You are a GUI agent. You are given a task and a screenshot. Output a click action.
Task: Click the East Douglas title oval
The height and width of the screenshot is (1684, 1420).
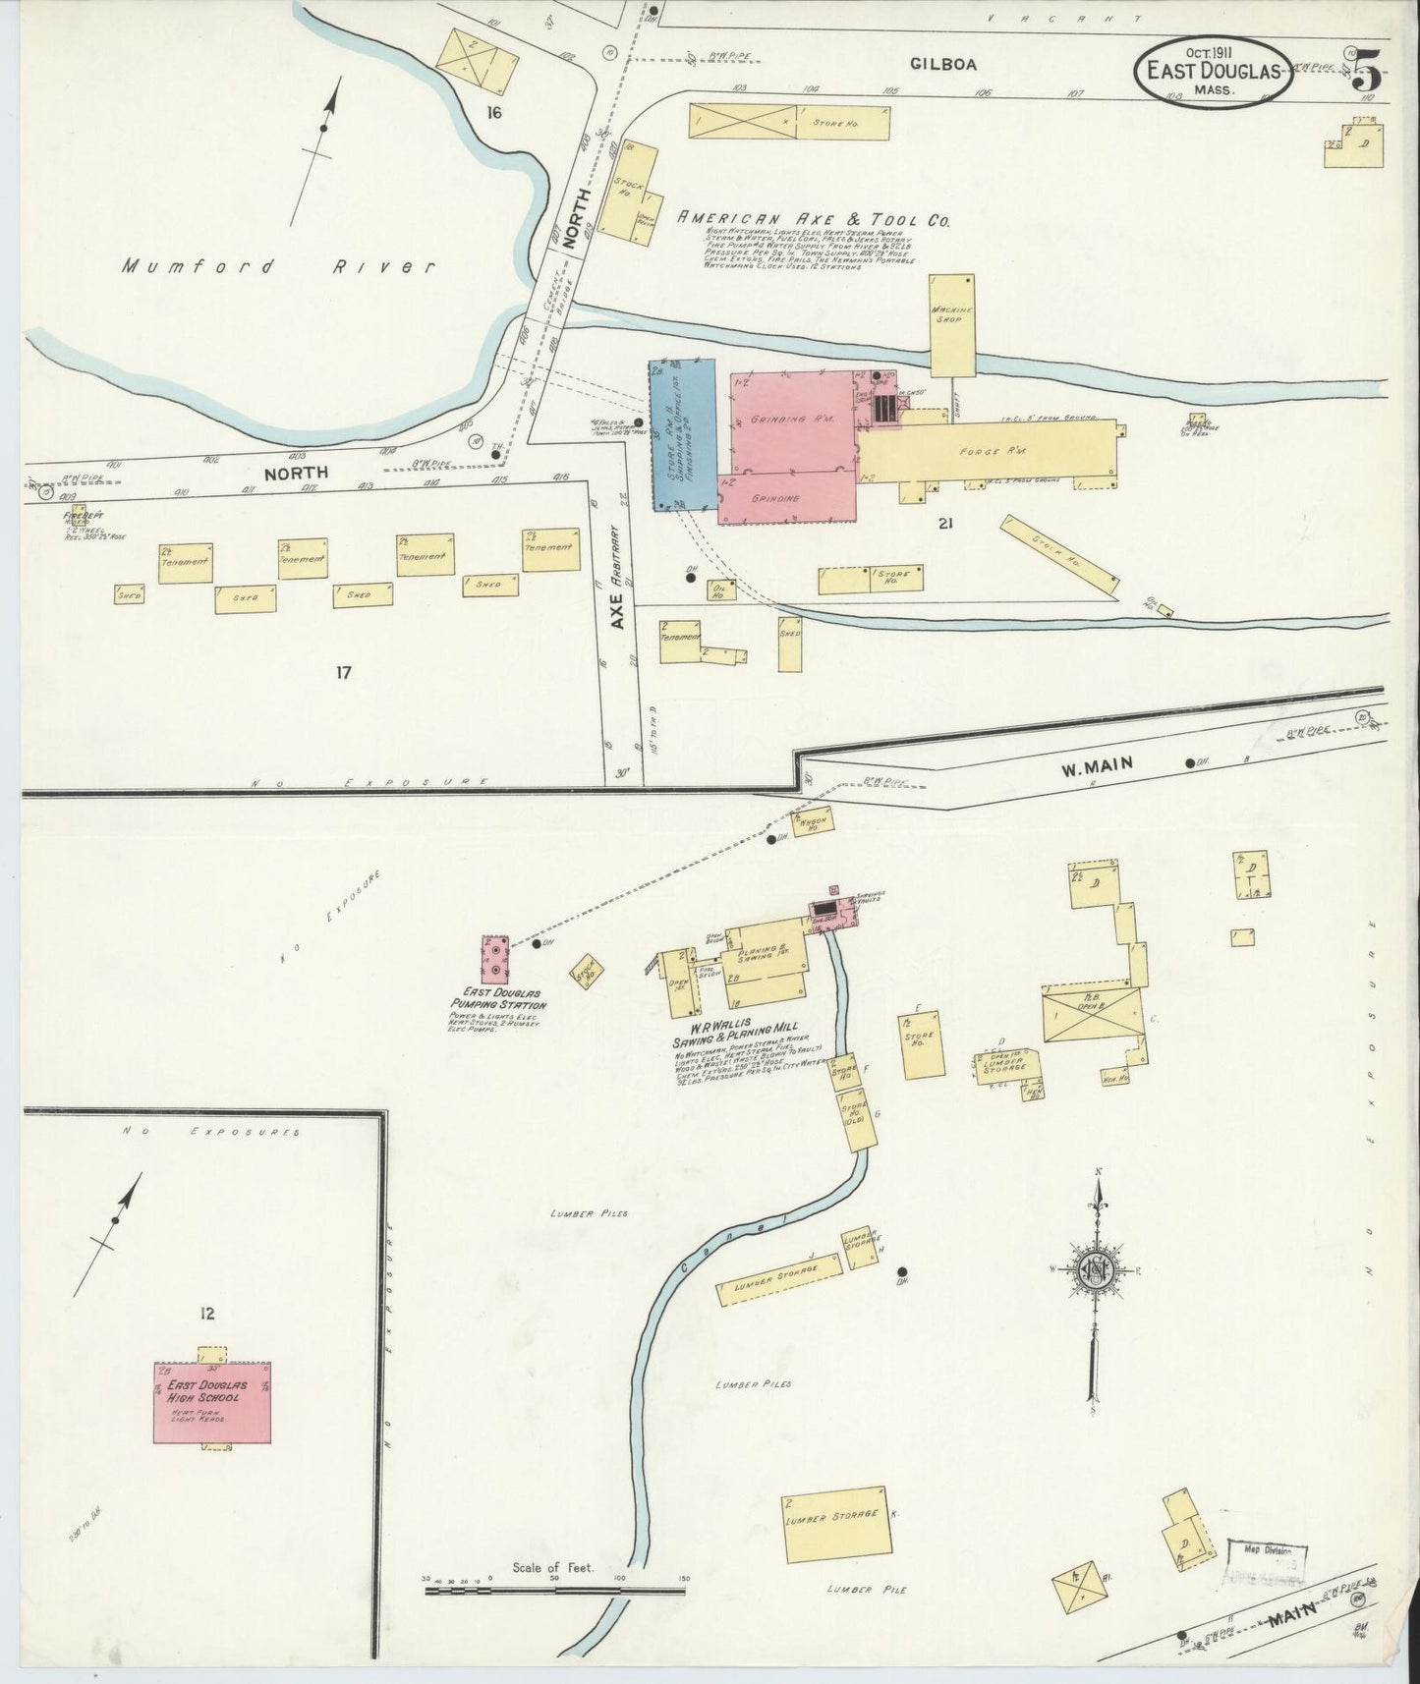pos(1214,70)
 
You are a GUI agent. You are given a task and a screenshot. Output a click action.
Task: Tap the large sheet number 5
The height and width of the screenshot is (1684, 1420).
pos(1367,71)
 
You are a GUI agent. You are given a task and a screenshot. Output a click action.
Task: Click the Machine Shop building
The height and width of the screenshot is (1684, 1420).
pos(952,325)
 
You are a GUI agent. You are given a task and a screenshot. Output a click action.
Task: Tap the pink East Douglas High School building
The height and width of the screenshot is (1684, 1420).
pos(211,1402)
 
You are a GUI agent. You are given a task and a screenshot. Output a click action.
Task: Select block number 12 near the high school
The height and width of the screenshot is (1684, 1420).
pos(206,1313)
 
